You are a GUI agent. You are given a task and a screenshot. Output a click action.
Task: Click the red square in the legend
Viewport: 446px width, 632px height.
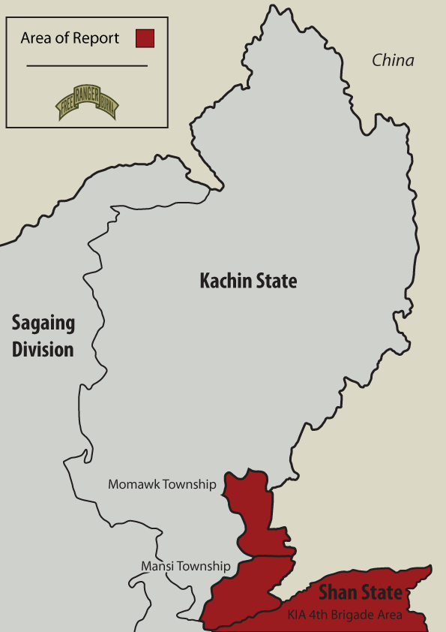(145, 38)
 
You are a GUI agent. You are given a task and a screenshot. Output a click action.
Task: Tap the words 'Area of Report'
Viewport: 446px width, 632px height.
(70, 38)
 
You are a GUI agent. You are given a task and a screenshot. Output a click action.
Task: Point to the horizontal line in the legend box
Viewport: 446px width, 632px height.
(86, 66)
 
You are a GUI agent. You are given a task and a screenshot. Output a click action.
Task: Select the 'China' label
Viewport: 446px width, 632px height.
(393, 61)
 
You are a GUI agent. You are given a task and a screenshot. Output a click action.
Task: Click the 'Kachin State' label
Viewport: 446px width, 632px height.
(248, 281)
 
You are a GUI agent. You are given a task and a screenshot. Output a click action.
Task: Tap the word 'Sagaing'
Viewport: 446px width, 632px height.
(43, 324)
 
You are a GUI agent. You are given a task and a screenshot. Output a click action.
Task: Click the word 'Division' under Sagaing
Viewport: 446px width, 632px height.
(43, 349)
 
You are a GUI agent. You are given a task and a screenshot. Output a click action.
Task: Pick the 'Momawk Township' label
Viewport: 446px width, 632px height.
(162, 484)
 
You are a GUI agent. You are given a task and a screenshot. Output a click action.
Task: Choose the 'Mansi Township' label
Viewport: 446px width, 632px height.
(185, 566)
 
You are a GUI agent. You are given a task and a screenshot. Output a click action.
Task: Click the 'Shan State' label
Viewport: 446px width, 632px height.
(360, 593)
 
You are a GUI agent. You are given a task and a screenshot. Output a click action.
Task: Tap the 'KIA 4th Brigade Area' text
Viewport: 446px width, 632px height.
(345, 615)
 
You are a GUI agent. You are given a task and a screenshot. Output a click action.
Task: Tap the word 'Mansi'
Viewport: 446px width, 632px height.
(155, 566)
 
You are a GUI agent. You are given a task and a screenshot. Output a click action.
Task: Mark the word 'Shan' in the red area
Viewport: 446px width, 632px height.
(338, 593)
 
